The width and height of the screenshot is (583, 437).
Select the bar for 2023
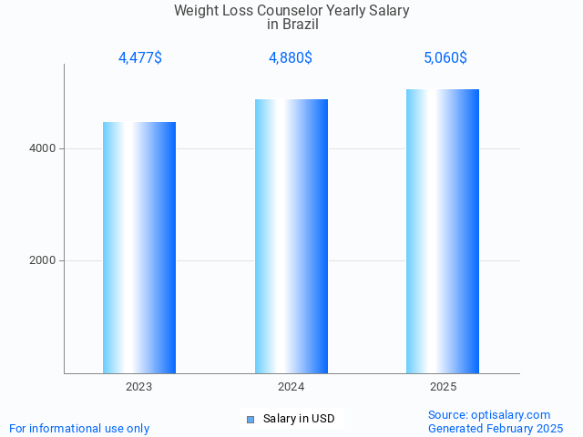point(139,248)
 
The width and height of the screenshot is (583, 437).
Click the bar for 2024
point(291,236)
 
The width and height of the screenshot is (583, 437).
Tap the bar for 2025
point(443,231)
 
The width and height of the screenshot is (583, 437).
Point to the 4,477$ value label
point(140,58)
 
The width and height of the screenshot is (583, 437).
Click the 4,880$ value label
point(291,58)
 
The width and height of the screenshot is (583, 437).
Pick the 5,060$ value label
point(445,58)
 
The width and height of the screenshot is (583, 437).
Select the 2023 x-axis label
point(139,387)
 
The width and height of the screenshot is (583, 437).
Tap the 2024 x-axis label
point(291,387)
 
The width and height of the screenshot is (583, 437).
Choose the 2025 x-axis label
point(444,387)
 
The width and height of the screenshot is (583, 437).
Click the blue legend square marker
point(251,419)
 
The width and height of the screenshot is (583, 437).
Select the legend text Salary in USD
point(299,419)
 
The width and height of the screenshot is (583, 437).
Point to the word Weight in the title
point(195,11)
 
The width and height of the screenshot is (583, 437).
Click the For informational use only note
point(79,428)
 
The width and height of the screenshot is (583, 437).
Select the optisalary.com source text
point(489,414)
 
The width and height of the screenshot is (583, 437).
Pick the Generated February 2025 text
point(496,428)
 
